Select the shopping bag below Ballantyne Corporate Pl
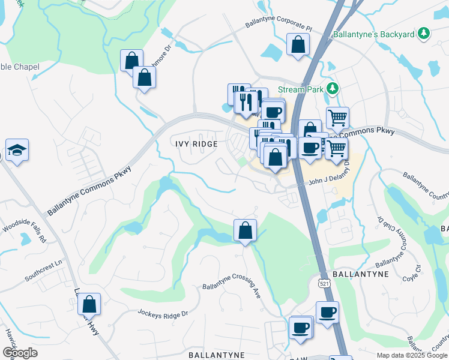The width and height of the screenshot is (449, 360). (x=298, y=45)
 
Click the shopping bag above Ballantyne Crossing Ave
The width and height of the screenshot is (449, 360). (x=245, y=230)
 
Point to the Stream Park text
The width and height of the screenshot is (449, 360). (x=301, y=89)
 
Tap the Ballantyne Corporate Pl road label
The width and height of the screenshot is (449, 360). (x=279, y=26)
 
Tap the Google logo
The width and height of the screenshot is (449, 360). (x=19, y=353)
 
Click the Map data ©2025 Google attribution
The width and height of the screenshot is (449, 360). (x=411, y=355)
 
